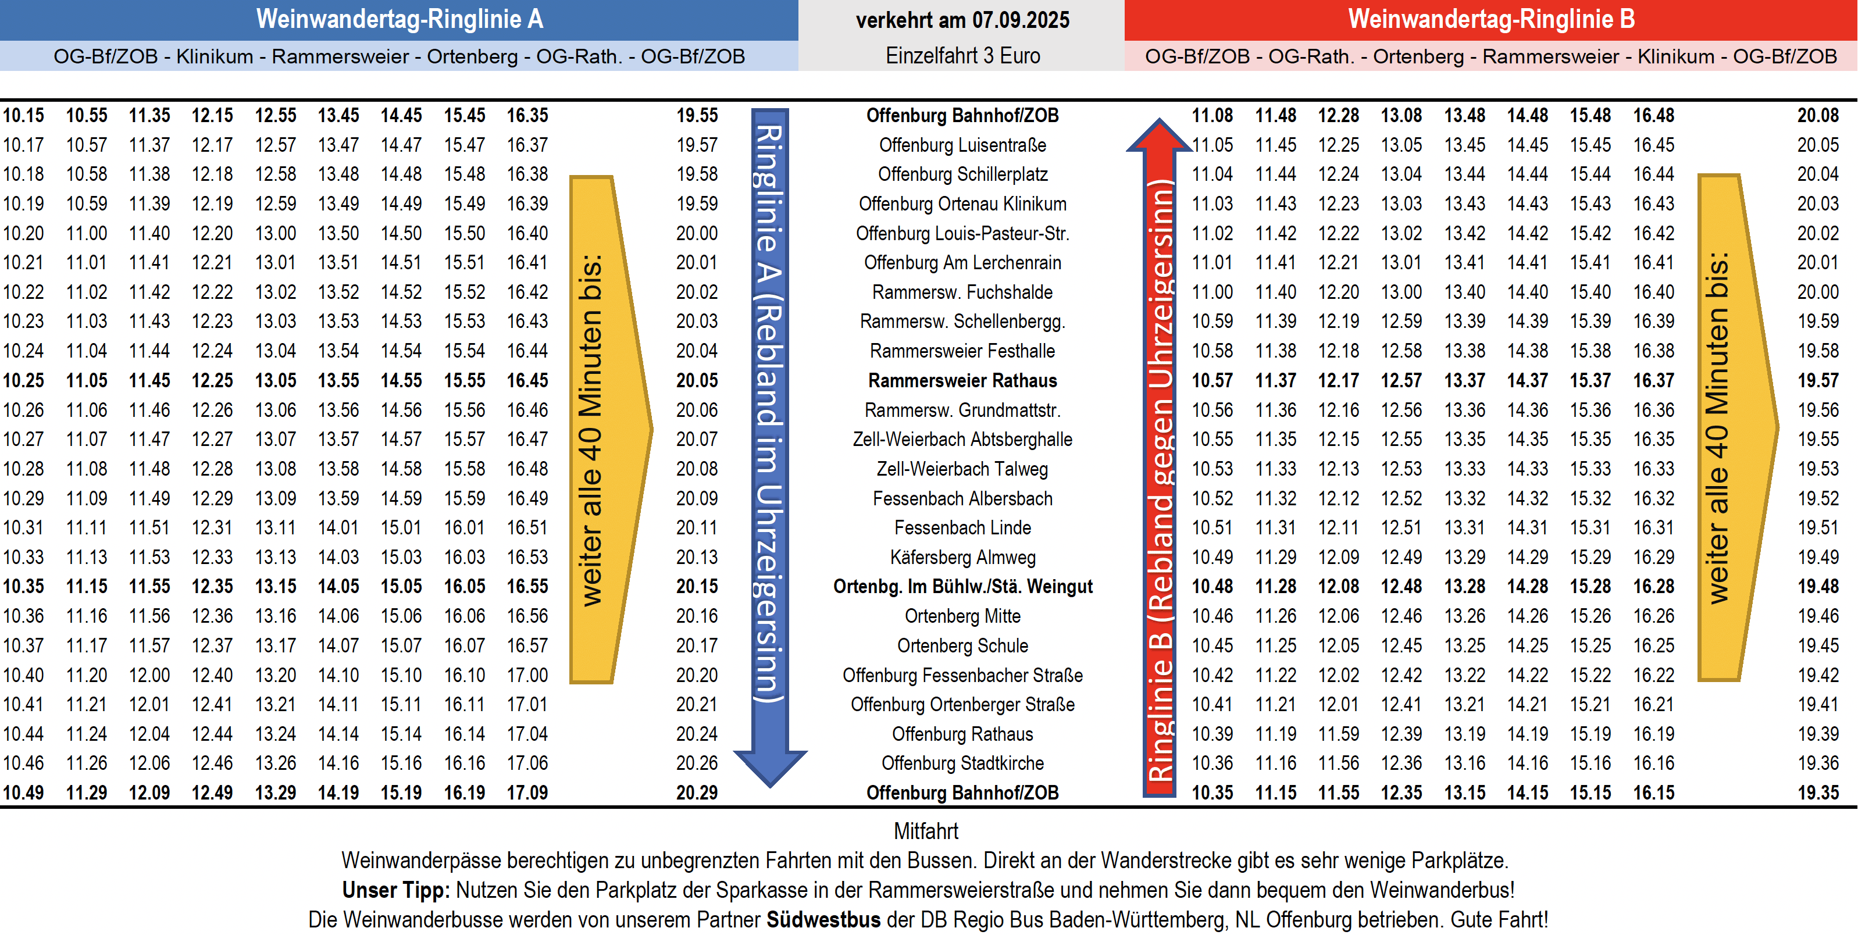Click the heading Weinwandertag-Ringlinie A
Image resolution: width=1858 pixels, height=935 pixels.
pos(399,20)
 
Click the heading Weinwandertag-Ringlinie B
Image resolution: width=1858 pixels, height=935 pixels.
pos(1491,20)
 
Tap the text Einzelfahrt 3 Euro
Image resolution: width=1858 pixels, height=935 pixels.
pos(962,56)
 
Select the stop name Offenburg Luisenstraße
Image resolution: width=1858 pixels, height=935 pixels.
pos(962,145)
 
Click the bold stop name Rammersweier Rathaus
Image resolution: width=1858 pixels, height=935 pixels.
pos(962,380)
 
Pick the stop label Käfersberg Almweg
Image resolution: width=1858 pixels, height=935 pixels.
pos(962,557)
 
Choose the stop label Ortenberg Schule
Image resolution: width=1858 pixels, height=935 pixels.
pos(962,645)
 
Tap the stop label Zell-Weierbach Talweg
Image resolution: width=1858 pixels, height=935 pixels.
pos(962,469)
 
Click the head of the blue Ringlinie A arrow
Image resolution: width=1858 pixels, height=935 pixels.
pos(769,768)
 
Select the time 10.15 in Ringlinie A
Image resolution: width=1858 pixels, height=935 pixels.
pos(23,116)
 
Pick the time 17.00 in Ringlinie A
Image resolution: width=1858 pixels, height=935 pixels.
pos(527,675)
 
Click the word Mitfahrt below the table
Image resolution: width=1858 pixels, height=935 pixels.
pos(926,831)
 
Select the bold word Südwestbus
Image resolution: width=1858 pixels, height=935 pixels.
pos(823,920)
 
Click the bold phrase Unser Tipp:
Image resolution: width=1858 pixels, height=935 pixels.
pos(396,890)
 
